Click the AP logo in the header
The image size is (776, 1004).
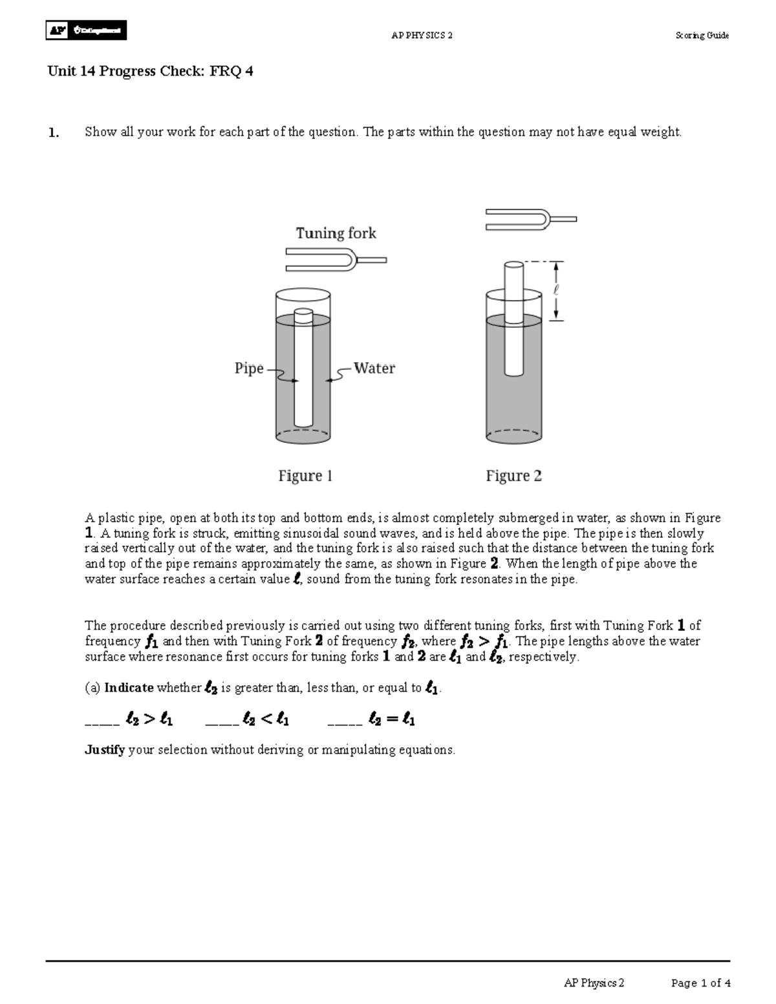[86, 30]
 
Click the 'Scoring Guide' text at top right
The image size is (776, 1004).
[702, 36]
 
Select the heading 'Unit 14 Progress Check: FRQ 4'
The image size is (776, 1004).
[150, 71]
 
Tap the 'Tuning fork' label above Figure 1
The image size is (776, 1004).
[336, 233]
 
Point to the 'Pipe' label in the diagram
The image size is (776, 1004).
[249, 368]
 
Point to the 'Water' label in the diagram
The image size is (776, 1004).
[374, 368]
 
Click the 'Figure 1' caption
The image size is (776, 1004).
[305, 476]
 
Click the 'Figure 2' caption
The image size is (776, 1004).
[513, 476]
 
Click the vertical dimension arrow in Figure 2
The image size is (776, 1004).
[557, 291]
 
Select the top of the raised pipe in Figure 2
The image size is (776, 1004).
[513, 265]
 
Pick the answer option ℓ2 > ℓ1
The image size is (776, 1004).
[129, 719]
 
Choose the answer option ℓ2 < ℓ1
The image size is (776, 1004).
[248, 719]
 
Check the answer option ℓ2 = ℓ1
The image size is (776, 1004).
[372, 719]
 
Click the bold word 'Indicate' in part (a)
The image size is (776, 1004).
[129, 688]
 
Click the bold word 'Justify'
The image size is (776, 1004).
[105, 750]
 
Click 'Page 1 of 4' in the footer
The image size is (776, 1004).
[700, 983]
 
